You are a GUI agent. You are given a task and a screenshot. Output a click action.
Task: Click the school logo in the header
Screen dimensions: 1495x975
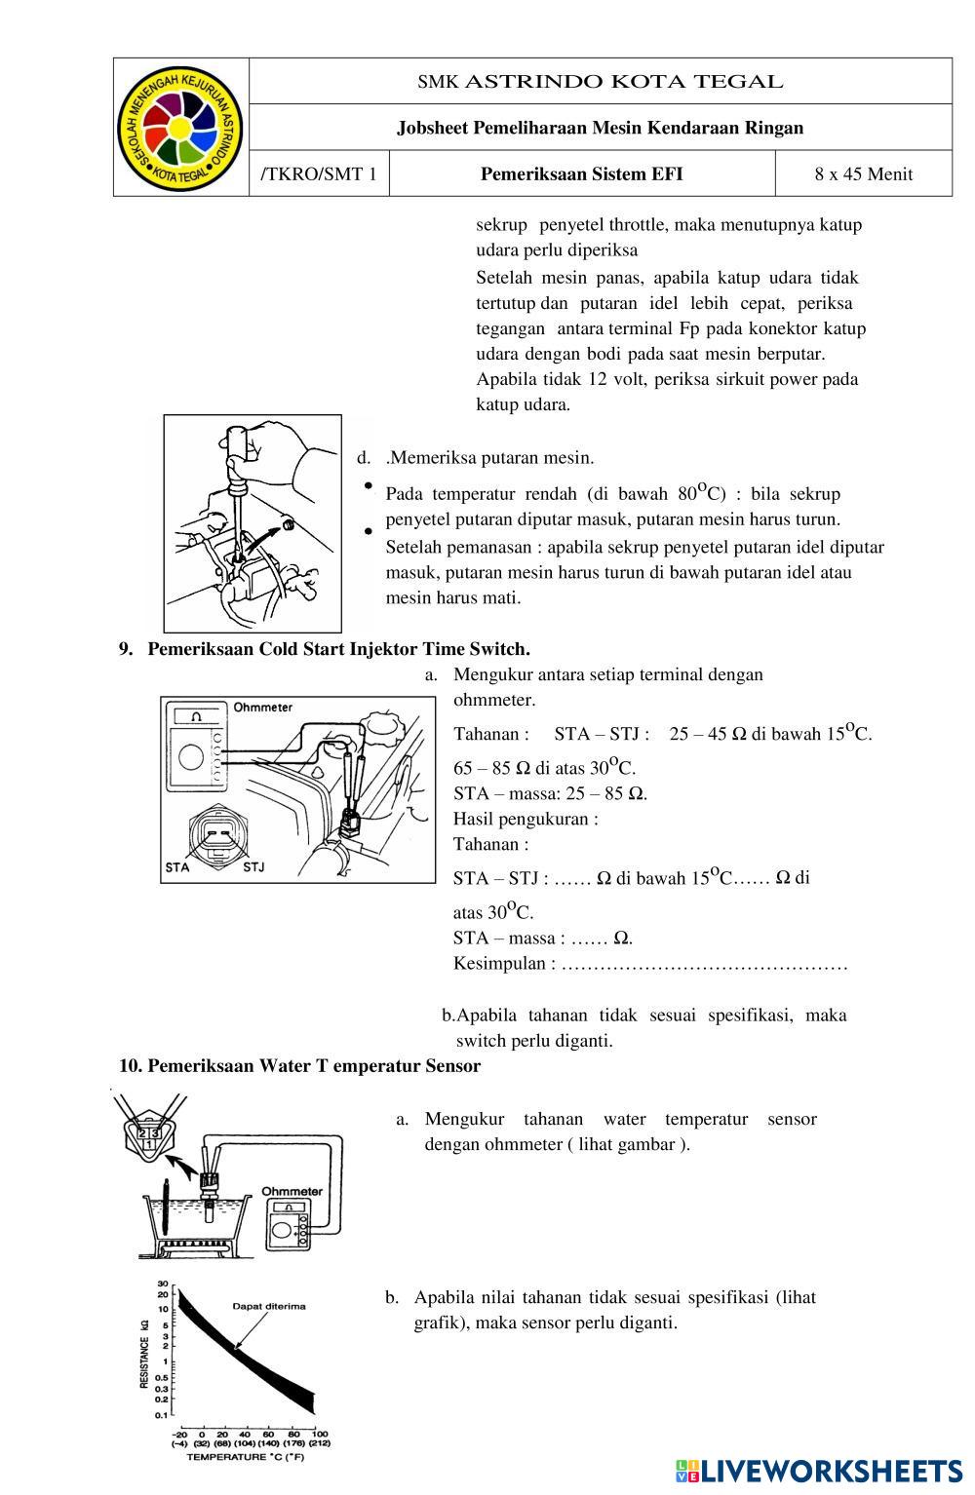coord(180,128)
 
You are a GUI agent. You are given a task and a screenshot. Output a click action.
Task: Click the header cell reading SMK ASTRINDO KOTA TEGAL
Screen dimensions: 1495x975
coord(600,82)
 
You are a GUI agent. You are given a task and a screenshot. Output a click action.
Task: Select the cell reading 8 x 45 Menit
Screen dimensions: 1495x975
coord(863,174)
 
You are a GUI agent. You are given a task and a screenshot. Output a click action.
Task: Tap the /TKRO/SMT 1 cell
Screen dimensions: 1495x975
coord(319,174)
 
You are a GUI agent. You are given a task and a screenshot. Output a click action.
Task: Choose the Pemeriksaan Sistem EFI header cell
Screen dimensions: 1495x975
coord(581,174)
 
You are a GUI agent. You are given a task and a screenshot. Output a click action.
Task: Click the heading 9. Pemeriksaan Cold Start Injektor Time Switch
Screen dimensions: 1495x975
coord(326,649)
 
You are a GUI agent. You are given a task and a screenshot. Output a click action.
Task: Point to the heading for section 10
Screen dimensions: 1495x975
coord(300,1066)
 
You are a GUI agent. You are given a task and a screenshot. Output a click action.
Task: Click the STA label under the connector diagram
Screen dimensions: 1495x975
coord(177,866)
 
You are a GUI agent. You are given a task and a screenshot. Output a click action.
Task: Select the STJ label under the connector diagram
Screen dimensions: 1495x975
coord(253,866)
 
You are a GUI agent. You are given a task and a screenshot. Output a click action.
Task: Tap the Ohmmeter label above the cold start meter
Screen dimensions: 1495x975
coord(262,707)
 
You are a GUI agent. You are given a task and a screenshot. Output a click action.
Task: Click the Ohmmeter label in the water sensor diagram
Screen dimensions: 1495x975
coord(292,1191)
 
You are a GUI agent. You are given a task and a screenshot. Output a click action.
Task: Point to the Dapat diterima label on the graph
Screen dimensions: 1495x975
coord(268,1306)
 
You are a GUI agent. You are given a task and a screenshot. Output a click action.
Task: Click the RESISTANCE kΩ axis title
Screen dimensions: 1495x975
coord(145,1353)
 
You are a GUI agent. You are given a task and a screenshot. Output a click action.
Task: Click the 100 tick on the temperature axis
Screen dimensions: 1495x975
coord(317,1435)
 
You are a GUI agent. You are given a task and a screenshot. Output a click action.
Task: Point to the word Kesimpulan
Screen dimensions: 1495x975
coord(498,964)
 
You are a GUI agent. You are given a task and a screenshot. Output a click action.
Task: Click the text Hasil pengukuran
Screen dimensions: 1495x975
coord(525,819)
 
